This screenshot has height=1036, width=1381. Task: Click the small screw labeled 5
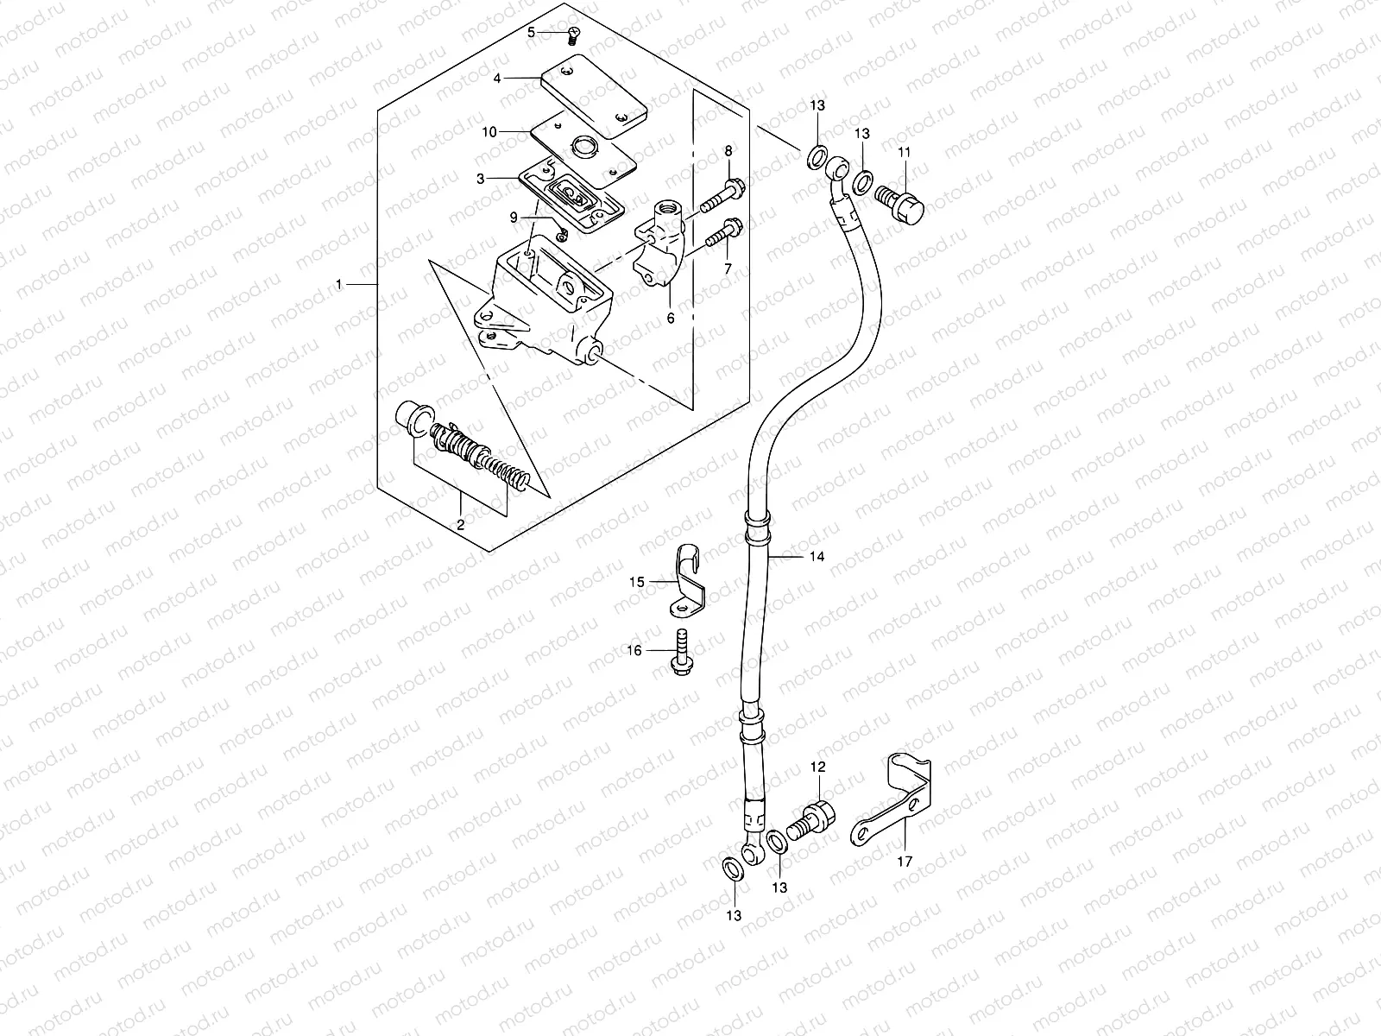click(574, 35)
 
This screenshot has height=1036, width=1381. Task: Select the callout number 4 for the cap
click(497, 78)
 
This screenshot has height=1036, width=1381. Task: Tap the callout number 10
click(489, 132)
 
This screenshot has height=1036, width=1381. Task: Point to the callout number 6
click(671, 318)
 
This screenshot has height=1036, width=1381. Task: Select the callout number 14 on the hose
click(817, 556)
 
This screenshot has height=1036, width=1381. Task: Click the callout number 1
click(339, 284)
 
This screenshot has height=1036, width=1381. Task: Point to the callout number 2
click(461, 524)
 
